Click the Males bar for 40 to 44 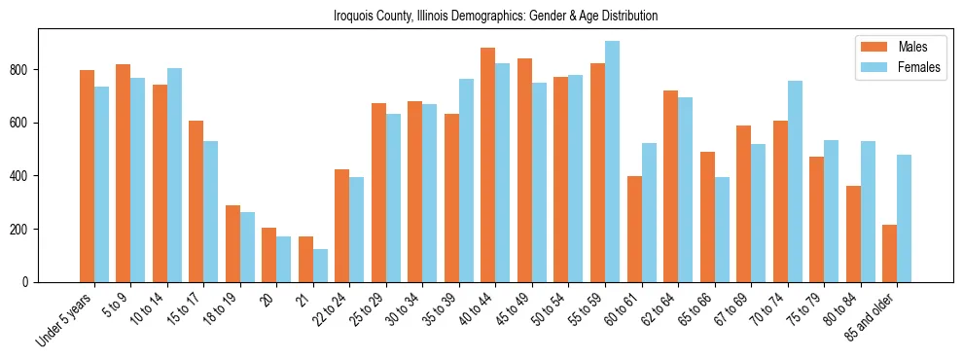click(488, 165)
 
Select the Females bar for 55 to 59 click(612, 162)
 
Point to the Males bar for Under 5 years click(87, 176)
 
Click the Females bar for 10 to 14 click(174, 175)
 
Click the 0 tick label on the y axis click(29, 282)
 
